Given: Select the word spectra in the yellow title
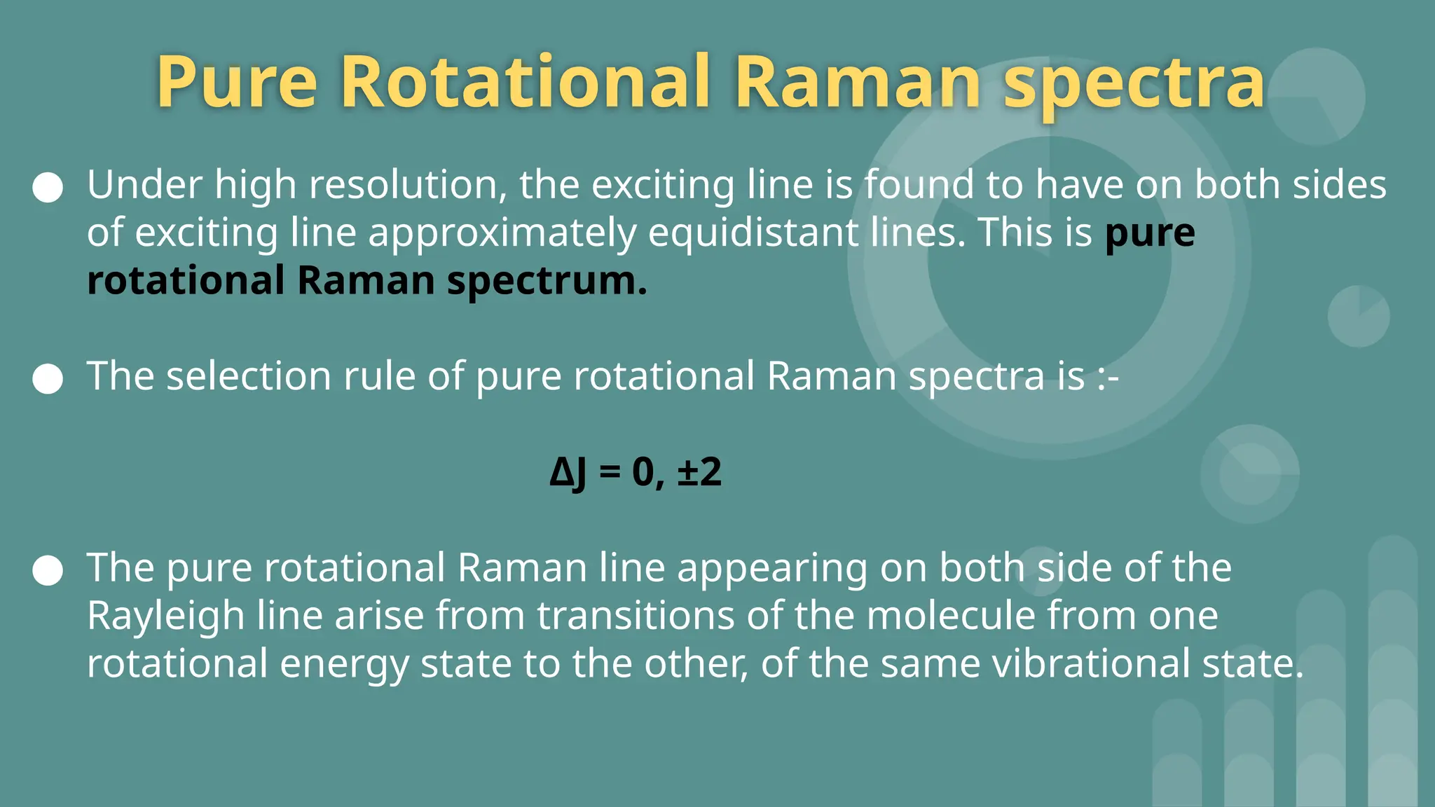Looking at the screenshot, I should pyautogui.click(x=1134, y=84).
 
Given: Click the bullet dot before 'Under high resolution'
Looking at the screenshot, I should pyautogui.click(x=48, y=187).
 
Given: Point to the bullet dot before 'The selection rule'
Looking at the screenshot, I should pyautogui.click(x=48, y=378).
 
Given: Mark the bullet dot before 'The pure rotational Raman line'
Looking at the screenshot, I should pyautogui.click(x=48, y=570).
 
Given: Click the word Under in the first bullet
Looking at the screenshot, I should pyautogui.click(x=144, y=185).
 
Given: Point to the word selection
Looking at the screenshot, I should pyautogui.click(x=249, y=376).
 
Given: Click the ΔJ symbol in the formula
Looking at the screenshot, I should pyautogui.click(x=568, y=473).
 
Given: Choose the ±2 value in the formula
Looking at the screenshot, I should pyautogui.click(x=699, y=471).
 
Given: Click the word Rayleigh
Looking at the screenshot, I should pyautogui.click(x=166, y=617).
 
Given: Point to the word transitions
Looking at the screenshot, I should pyautogui.click(x=636, y=616).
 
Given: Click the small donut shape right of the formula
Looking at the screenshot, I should pyautogui.click(x=1250, y=474).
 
